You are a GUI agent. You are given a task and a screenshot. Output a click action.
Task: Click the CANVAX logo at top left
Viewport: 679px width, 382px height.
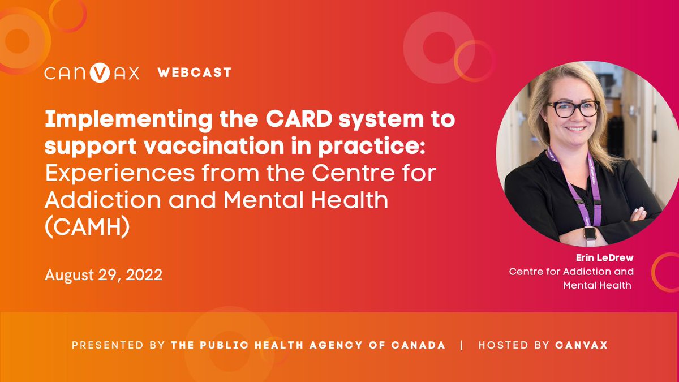point(92,73)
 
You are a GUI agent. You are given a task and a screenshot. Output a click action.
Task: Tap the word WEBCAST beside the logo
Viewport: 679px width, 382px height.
point(194,72)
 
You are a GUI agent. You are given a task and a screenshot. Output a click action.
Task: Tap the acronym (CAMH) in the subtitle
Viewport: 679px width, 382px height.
point(87,226)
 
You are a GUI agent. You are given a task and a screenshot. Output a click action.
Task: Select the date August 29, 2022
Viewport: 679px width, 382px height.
point(104,275)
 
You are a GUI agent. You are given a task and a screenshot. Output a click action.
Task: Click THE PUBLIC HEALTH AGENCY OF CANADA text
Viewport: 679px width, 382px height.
point(308,345)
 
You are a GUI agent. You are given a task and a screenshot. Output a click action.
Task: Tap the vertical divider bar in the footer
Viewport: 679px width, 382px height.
point(462,345)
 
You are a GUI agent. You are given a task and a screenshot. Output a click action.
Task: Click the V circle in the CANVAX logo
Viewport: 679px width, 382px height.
point(100,73)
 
